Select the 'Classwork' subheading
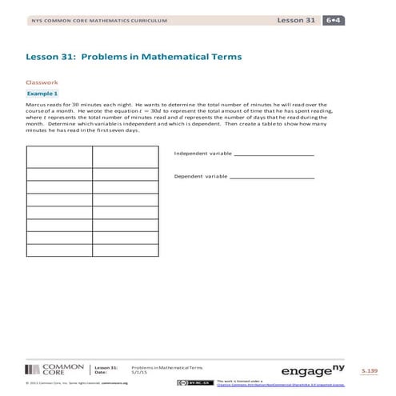[x=42, y=82]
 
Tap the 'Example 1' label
[x=43, y=94]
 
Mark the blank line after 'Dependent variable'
[x=272, y=177]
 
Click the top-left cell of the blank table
[x=59, y=156]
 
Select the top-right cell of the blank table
[x=125, y=156]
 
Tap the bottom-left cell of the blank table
[x=59, y=250]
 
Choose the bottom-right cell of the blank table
[x=125, y=250]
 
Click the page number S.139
[x=369, y=371]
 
